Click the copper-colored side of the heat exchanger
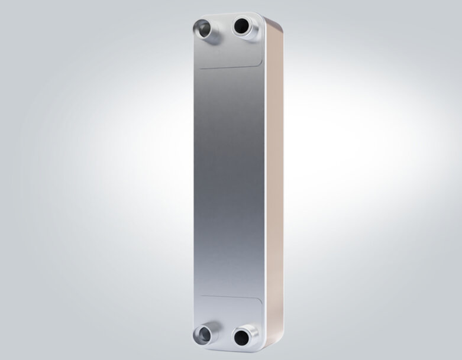pos(274,177)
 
